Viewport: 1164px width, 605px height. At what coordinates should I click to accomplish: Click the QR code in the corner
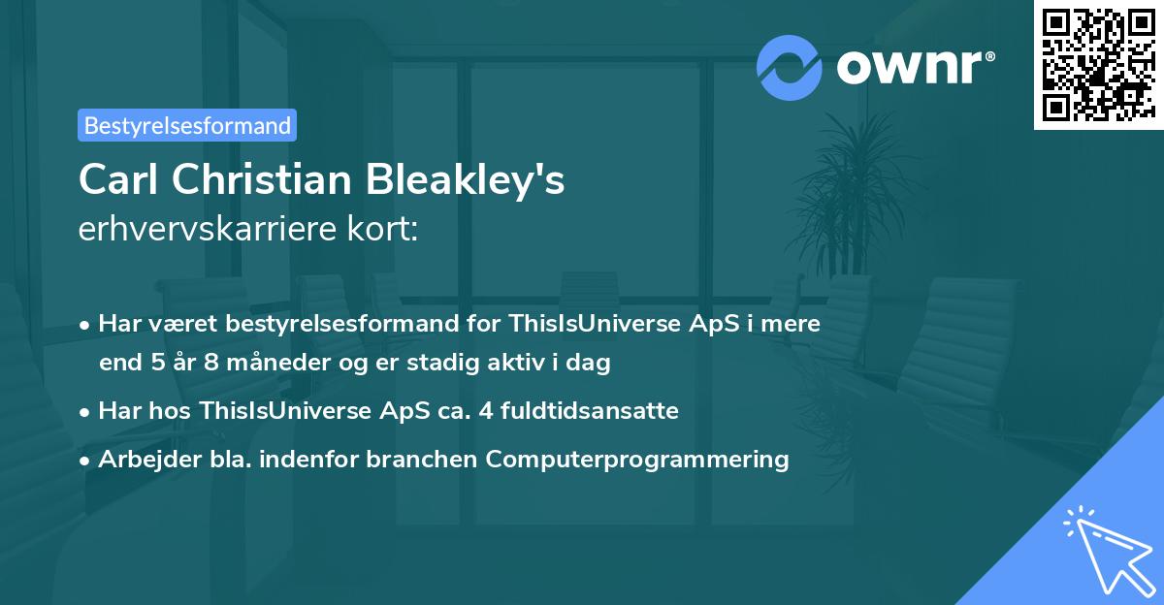1097,64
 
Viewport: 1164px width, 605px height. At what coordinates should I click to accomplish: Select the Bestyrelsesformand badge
187,125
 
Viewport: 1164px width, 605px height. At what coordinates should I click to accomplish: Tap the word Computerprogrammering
637,459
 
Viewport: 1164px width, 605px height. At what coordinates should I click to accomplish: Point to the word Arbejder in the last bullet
140,459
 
